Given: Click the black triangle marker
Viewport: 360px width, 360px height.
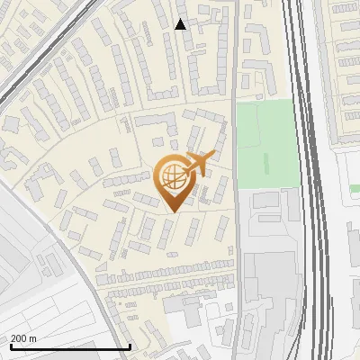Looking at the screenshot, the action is [x=181, y=24].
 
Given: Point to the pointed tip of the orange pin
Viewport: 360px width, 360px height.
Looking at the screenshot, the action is [x=171, y=211].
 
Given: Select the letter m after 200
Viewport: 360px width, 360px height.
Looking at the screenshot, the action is [x=32, y=338].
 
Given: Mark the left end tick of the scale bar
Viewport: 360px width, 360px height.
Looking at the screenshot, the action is [x=10, y=346].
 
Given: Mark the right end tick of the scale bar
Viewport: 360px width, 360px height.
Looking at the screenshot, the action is [x=130, y=346].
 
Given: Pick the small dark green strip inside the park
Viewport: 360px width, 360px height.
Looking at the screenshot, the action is [x=266, y=164].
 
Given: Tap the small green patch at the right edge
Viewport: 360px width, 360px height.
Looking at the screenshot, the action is [x=355, y=188].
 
